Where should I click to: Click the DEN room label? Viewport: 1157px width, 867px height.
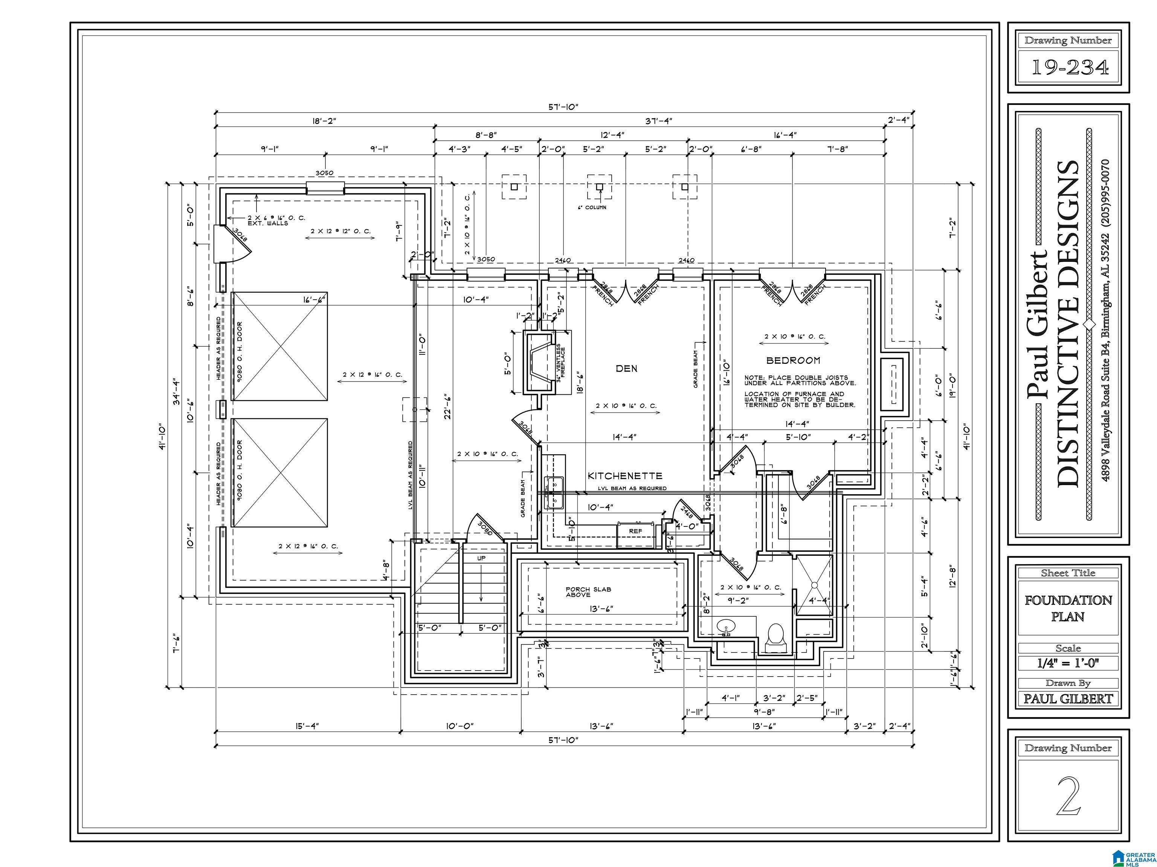pyautogui.click(x=626, y=368)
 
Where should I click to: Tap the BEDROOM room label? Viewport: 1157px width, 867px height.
pyautogui.click(x=793, y=360)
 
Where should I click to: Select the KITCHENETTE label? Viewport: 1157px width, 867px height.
pyautogui.click(x=624, y=476)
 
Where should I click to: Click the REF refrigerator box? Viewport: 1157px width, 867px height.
pyautogui.click(x=635, y=531)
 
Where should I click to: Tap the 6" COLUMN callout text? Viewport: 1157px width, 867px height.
pyautogui.click(x=592, y=207)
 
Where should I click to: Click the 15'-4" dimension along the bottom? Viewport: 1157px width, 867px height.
pyautogui.click(x=307, y=726)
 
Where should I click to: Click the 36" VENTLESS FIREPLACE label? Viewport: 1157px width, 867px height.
pyautogui.click(x=561, y=363)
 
